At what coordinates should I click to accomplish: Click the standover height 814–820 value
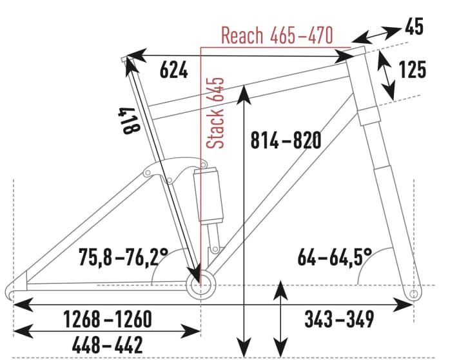(285, 139)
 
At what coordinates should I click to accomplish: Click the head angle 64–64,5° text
(335, 258)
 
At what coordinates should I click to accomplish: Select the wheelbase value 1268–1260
(107, 318)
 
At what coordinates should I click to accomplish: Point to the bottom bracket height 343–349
(339, 318)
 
